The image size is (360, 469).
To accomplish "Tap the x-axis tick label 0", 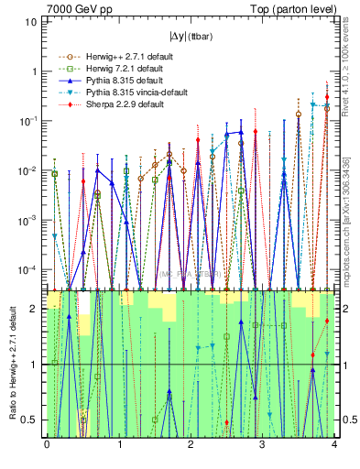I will [47, 445].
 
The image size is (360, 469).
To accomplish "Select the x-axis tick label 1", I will [118, 445].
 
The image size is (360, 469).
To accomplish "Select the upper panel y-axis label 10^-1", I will [29, 121].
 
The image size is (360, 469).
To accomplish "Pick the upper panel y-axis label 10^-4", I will [29, 269].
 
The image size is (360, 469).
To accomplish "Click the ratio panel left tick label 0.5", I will [30, 420].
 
